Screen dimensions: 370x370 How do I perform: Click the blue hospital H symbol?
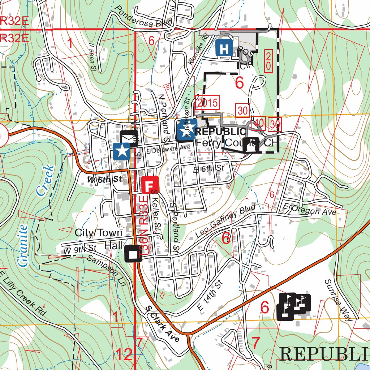click(x=224, y=47)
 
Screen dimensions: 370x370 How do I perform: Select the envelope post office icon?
click(x=127, y=138)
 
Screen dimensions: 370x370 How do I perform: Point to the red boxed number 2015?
click(x=207, y=103)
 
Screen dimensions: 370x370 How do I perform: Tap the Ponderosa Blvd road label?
click(x=144, y=17)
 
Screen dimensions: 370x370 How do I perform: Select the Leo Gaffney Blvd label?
click(x=225, y=221)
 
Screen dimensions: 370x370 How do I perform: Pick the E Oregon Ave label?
click(x=310, y=209)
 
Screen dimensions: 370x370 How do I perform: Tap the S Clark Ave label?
click(x=162, y=324)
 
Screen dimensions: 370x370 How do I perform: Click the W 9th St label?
click(x=80, y=249)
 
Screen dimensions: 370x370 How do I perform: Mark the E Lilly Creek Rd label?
click(x=24, y=293)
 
